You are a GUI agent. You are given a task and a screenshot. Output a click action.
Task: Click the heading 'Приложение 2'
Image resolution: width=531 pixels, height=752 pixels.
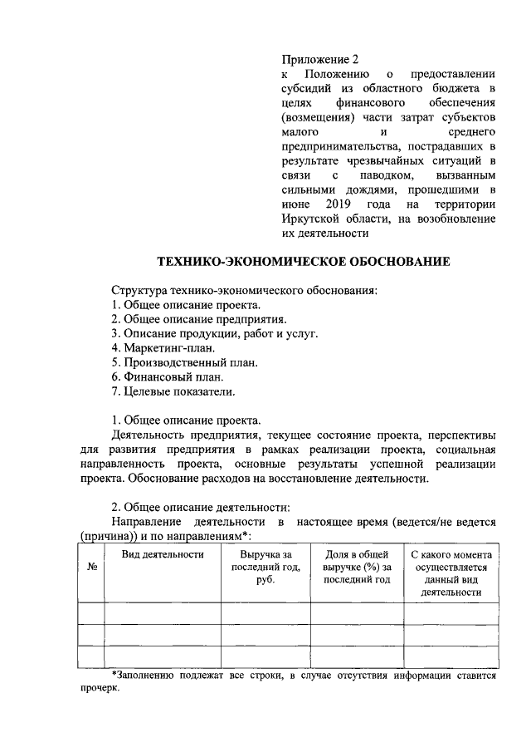[321, 60]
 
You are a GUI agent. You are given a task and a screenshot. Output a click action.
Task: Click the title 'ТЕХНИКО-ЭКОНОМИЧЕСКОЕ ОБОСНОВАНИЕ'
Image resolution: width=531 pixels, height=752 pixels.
[304, 263]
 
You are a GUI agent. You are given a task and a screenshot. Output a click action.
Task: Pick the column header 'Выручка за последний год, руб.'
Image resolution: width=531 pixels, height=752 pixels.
[265, 567]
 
